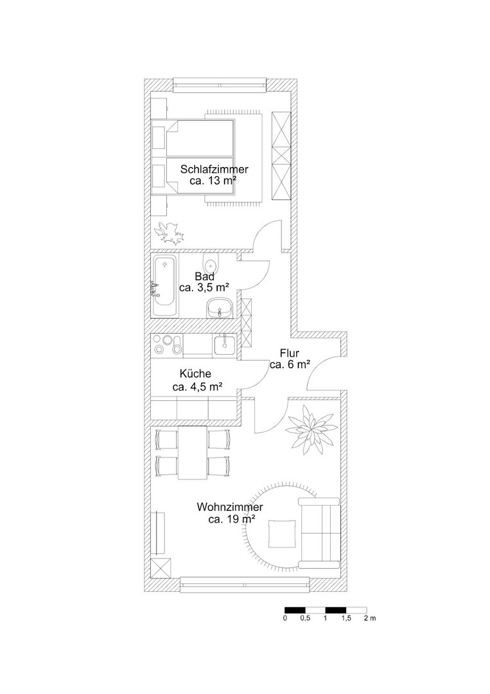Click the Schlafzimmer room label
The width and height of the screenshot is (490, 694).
tap(214, 169)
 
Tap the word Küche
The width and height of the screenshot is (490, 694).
tap(195, 374)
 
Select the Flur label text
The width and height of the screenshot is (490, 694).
tap(290, 353)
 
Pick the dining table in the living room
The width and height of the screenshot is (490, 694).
tap(193, 452)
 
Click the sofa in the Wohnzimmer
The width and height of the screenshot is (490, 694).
tap(319, 533)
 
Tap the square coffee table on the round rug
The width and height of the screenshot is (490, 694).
tap(281, 533)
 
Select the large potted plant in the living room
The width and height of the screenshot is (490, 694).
tap(311, 429)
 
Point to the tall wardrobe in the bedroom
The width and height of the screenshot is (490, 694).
tap(281, 156)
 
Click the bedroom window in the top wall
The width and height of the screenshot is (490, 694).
tap(220, 85)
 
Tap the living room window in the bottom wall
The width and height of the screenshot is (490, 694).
tap(245, 585)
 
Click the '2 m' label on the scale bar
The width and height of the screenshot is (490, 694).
tap(370, 618)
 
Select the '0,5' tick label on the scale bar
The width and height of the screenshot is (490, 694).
tap(304, 618)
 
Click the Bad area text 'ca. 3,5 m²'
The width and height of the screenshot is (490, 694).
tap(204, 287)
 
